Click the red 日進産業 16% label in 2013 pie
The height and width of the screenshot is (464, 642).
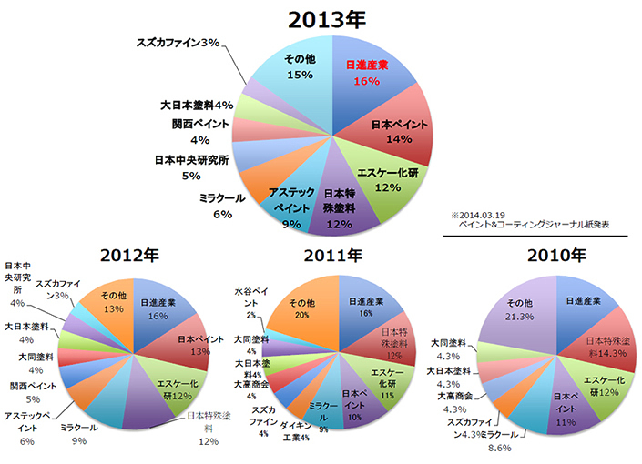tap(370, 73)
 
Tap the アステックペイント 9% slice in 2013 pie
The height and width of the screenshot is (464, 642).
tap(290, 206)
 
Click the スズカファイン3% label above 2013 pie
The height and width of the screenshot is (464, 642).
tap(178, 44)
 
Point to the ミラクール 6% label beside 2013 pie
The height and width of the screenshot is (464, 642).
tap(215, 206)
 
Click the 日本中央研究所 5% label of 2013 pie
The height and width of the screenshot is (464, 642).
tap(191, 169)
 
